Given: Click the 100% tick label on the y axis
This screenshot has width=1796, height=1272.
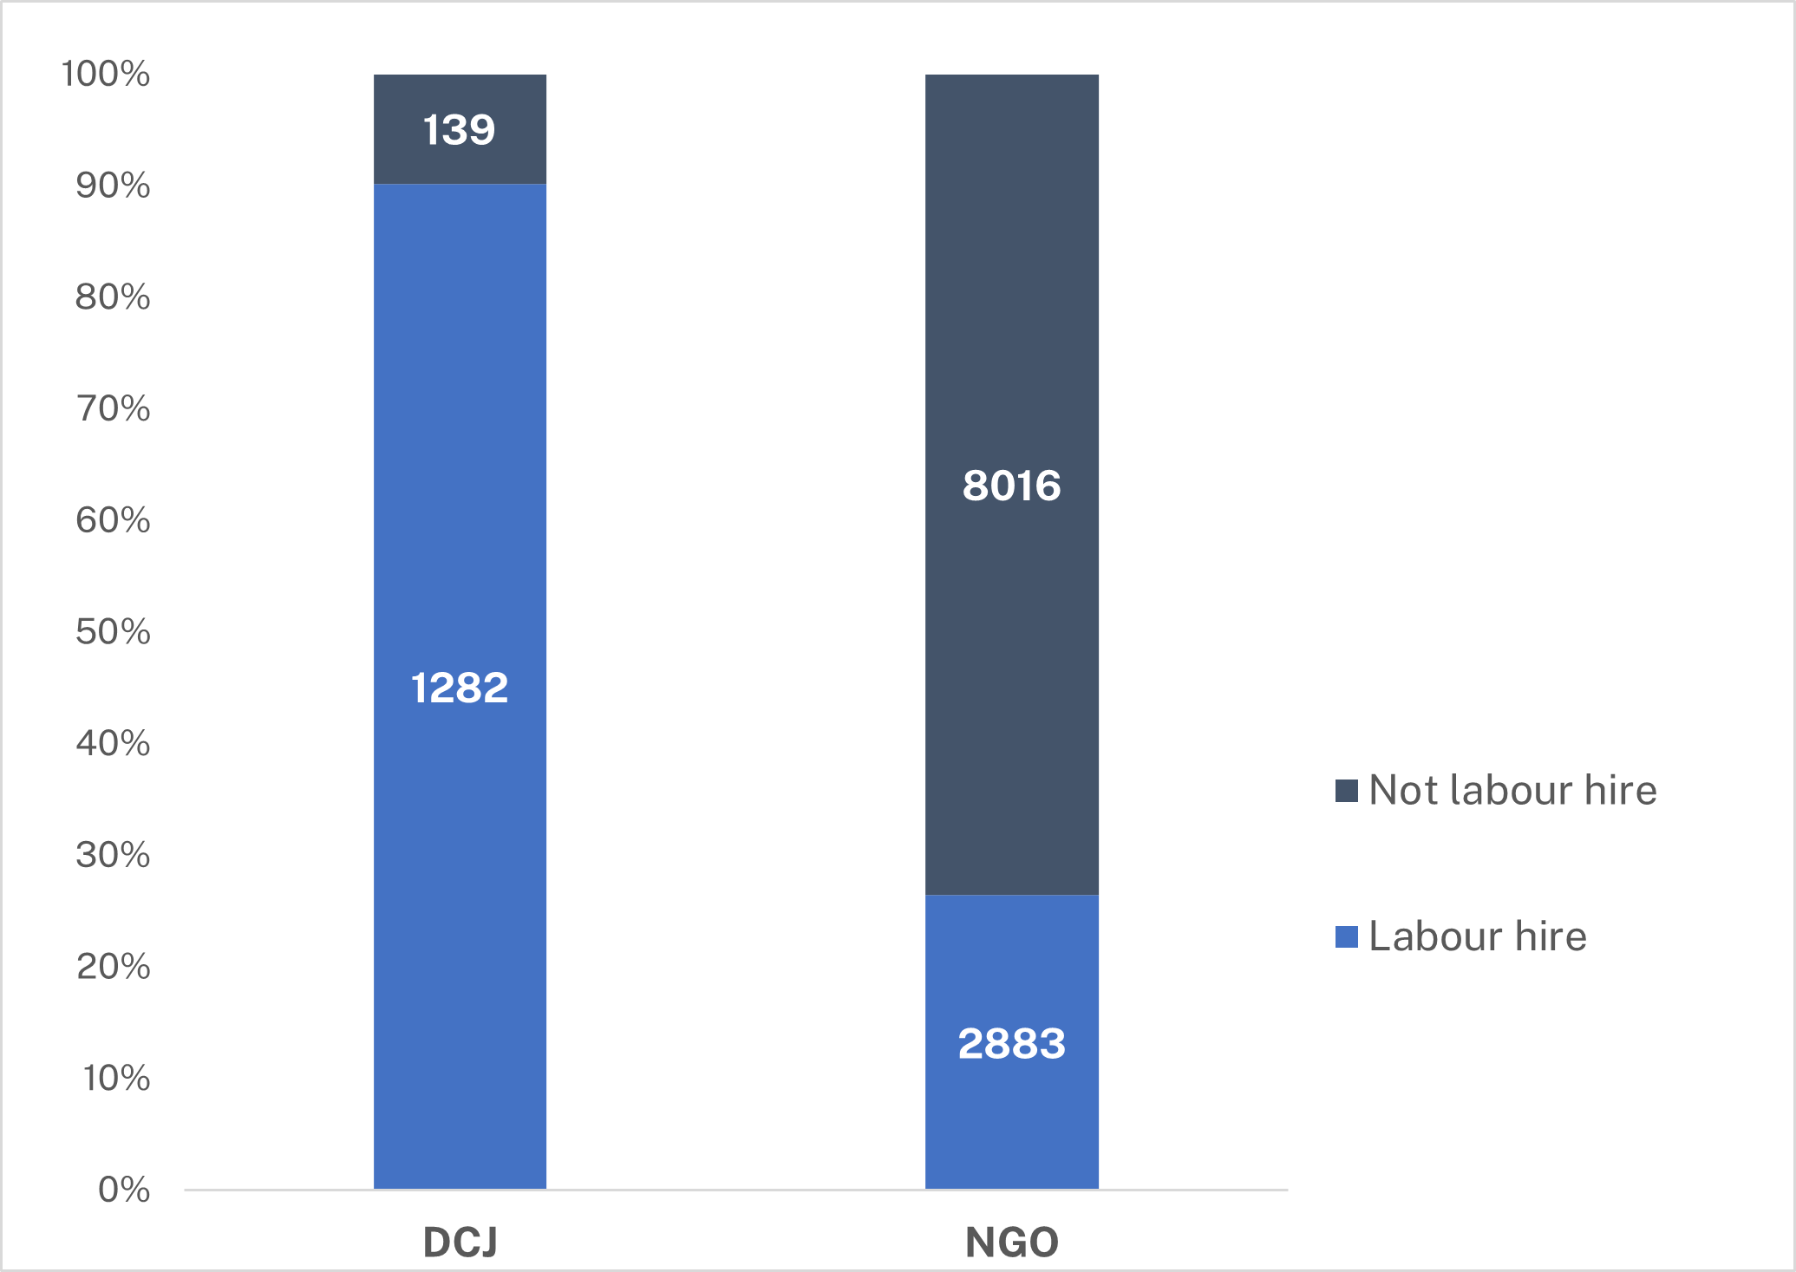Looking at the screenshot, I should point(106,75).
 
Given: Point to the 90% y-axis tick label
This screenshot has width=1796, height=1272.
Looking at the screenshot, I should point(113,186).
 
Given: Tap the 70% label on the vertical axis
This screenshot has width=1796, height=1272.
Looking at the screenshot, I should point(113,408).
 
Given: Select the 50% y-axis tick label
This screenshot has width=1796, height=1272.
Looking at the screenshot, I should point(113,632).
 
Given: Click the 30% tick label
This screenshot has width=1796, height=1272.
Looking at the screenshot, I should point(113,855).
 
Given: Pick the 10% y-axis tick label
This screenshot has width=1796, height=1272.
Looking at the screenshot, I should point(116,1079).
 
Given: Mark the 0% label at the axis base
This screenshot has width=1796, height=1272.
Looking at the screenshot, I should point(124,1190).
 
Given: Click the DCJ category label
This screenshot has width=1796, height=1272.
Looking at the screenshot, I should point(460,1243).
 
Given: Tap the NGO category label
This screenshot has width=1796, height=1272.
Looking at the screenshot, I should point(1011,1243).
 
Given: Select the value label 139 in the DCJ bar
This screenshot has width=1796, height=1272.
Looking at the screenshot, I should point(459,130).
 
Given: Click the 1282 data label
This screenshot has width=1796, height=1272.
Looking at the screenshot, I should point(459,688).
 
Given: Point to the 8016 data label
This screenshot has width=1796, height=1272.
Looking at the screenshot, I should point(1011,486).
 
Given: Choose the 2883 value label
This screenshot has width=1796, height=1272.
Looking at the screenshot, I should point(1011,1044).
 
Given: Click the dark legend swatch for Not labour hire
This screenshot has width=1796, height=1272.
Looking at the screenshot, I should point(1346,791).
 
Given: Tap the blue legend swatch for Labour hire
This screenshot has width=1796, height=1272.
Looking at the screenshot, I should point(1346,937).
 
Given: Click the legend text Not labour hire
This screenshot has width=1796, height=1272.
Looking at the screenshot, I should point(1512,791).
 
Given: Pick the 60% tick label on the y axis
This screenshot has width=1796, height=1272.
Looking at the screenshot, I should point(113,520).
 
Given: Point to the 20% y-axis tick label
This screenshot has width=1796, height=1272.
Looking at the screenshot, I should point(113,967).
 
